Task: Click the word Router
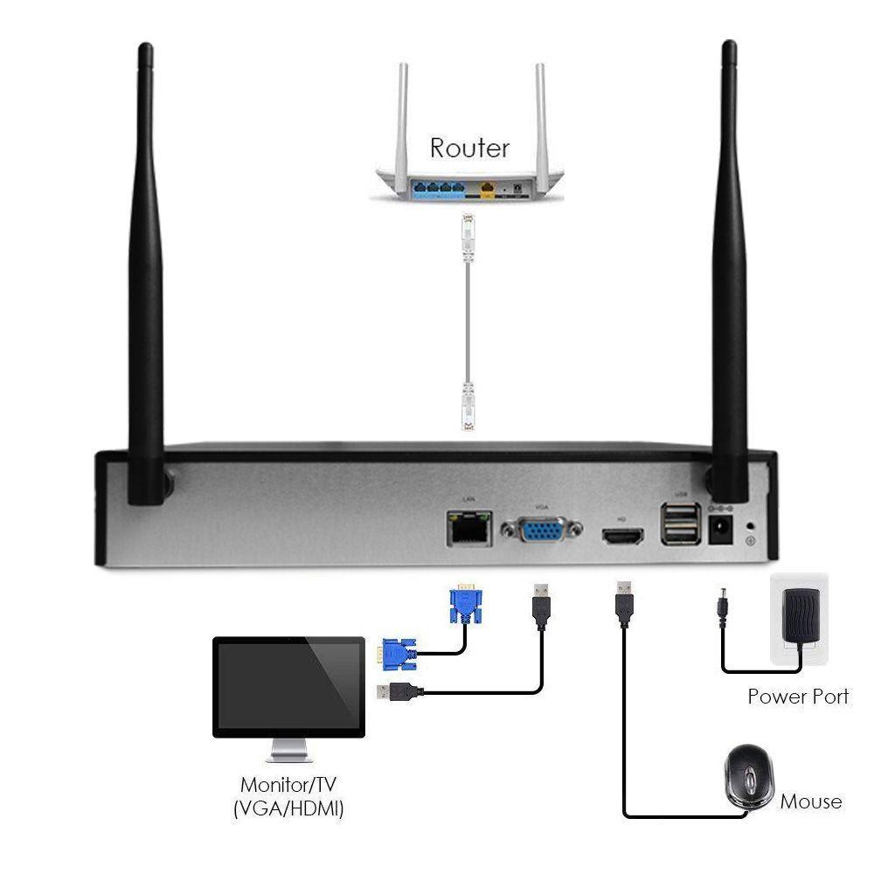coord(469,147)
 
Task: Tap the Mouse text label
coord(810,801)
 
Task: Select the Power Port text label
coord(797,697)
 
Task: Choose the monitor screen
coord(288,687)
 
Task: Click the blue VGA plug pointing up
coord(466,604)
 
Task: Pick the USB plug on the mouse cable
coord(624,604)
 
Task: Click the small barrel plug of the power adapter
coord(724,605)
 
